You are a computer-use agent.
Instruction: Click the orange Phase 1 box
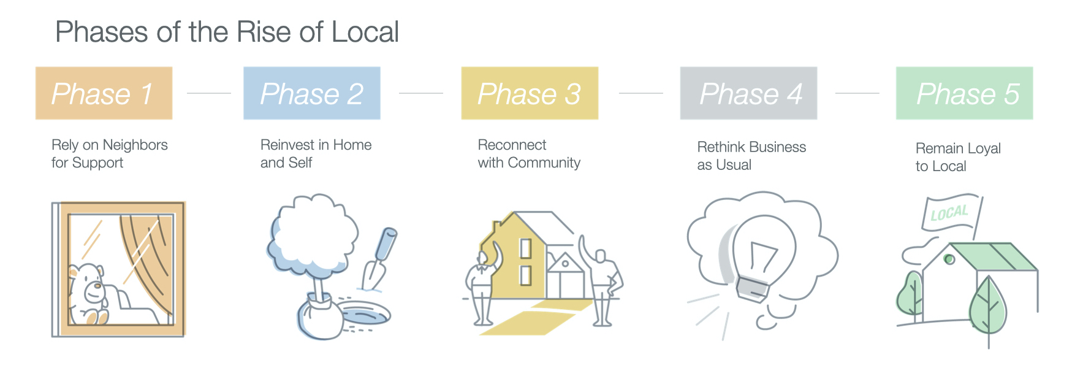[104, 93]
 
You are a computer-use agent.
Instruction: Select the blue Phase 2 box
[312, 93]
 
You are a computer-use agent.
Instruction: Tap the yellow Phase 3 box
[530, 93]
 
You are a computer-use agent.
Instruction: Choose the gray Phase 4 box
[748, 93]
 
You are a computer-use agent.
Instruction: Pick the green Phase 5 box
[965, 93]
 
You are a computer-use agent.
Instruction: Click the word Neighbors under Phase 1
[135, 145]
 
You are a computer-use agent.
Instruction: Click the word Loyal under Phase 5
[984, 149]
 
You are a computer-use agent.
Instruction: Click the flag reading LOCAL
[951, 213]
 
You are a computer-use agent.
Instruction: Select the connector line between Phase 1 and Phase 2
[209, 93]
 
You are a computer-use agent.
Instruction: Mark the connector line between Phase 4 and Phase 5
[857, 93]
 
